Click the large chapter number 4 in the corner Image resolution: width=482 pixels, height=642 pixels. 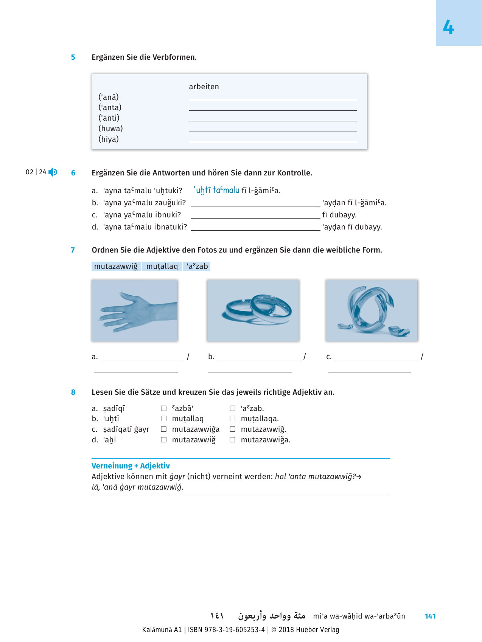(x=448, y=28)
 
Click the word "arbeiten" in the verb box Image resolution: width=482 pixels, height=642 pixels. (x=204, y=87)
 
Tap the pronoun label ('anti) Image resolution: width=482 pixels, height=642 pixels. (x=109, y=118)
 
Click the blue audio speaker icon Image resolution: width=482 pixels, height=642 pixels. (x=53, y=172)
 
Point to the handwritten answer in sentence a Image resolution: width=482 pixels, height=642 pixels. (x=216, y=190)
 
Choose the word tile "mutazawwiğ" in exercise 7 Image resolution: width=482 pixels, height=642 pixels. (x=116, y=266)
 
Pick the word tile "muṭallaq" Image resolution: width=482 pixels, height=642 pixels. (x=162, y=266)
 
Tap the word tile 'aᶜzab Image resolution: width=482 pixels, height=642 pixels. (x=197, y=266)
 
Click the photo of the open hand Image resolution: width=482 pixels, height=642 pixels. (x=135, y=310)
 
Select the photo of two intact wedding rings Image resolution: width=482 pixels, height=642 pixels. (x=253, y=310)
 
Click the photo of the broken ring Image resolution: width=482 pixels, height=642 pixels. (x=372, y=310)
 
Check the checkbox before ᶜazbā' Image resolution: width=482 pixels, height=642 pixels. (x=164, y=408)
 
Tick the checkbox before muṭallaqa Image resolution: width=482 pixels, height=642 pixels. (x=233, y=419)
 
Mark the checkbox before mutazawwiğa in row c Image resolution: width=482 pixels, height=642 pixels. (x=164, y=429)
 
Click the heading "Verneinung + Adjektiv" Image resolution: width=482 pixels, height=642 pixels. (x=131, y=466)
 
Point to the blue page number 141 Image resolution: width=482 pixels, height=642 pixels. (x=430, y=616)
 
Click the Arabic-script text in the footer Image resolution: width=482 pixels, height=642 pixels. (x=271, y=616)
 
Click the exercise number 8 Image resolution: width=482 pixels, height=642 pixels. (x=73, y=392)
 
